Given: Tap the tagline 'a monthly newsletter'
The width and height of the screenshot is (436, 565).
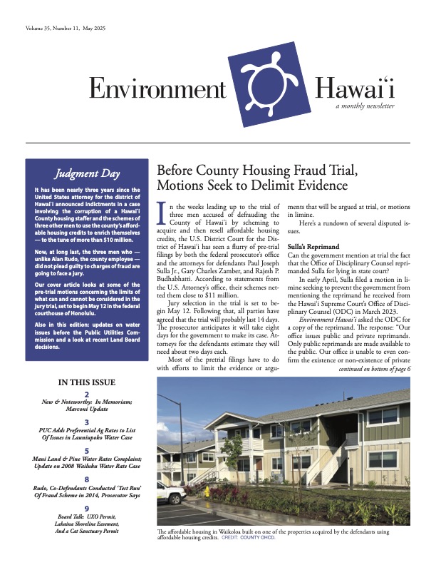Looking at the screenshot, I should [x=365, y=106].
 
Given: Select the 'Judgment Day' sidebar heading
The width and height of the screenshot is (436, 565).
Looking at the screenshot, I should [x=86, y=173].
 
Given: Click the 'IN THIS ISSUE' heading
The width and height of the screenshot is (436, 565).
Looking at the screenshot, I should [x=86, y=382].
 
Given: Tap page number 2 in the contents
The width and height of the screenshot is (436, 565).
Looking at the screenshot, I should [x=86, y=395].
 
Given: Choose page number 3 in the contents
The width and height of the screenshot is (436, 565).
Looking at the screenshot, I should [x=86, y=423].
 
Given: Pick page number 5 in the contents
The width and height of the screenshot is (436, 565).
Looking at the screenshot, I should [x=86, y=452].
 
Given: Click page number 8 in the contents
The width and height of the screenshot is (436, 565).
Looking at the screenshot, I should [x=86, y=480].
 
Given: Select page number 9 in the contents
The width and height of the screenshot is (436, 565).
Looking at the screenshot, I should [x=86, y=509].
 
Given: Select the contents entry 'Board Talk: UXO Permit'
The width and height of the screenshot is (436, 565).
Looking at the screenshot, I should [x=86, y=518].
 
